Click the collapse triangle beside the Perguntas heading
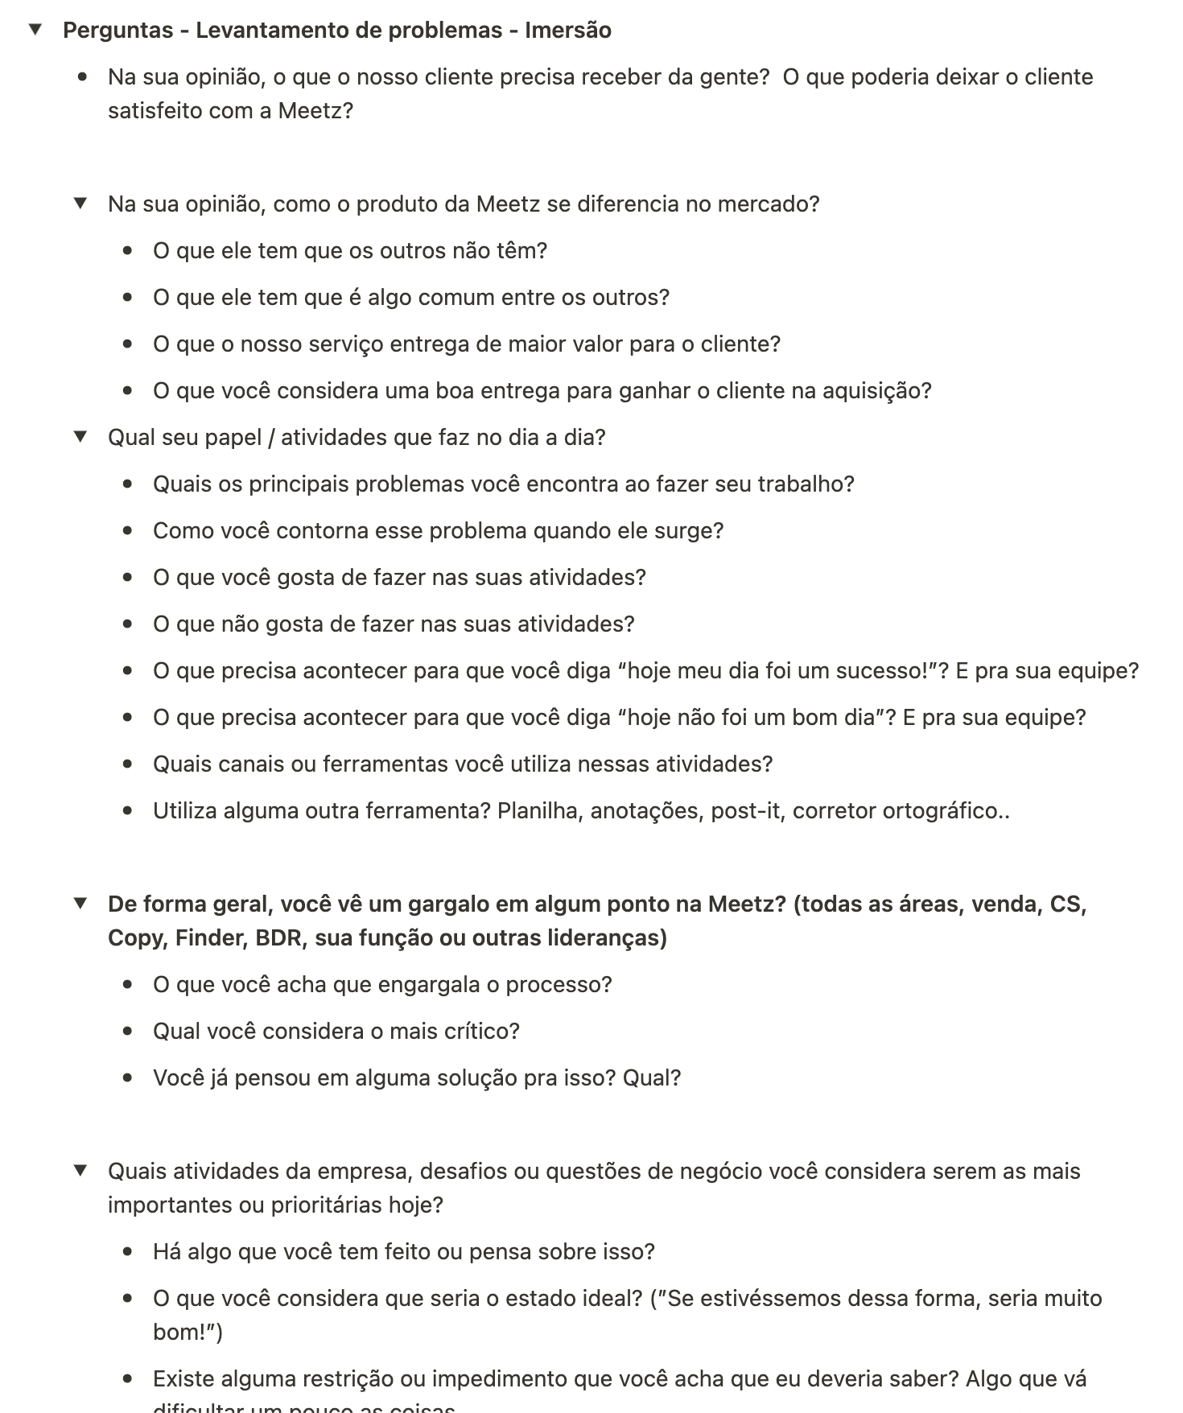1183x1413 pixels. [x=35, y=31]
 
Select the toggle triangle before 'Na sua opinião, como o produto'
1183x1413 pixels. [x=80, y=204]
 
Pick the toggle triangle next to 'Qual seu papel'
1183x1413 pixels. [x=80, y=437]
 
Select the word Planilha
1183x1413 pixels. [x=539, y=811]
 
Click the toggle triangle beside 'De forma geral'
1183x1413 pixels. [x=80, y=904]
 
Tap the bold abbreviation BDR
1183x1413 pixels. [x=278, y=938]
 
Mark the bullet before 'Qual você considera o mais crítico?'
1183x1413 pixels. [x=128, y=1032]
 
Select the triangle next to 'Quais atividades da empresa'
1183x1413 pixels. [x=80, y=1171]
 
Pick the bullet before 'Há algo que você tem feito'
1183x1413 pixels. [x=128, y=1252]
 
